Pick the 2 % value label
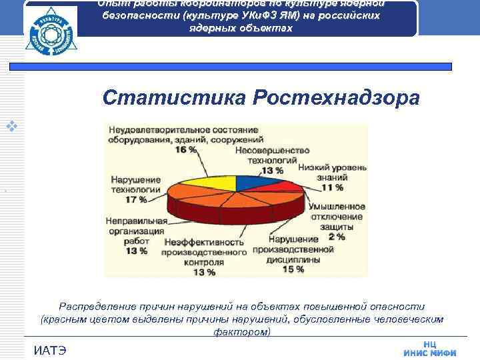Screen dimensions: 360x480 pyautogui.click(x=336, y=236)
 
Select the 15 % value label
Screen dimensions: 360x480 pyautogui.click(x=293, y=269)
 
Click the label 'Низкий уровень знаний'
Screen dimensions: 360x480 pyautogui.click(x=332, y=174)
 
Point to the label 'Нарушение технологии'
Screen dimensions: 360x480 pyautogui.click(x=136, y=185)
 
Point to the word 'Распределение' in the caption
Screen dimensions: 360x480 pyautogui.click(x=99, y=306)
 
